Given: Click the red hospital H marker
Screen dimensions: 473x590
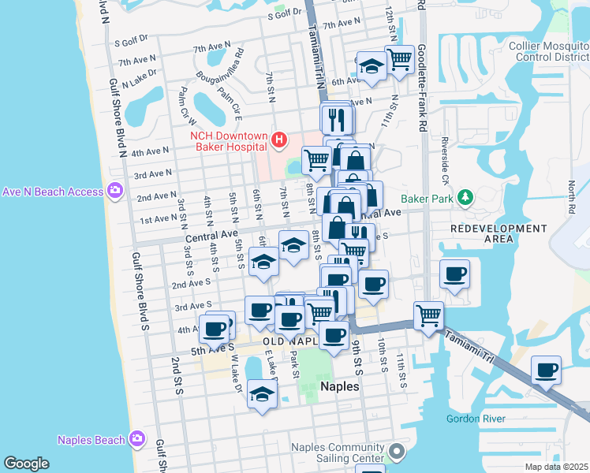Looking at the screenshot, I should coord(278,141).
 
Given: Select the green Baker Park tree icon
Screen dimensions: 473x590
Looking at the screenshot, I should coord(466,197).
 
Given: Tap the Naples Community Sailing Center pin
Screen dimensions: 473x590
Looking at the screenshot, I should coord(396,453).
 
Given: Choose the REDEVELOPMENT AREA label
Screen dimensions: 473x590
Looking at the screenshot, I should coord(498,233).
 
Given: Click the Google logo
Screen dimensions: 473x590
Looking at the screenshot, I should coord(26,464).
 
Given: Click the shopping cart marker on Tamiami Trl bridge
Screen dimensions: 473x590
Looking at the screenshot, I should coord(428,315).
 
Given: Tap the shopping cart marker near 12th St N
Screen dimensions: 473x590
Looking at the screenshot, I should coord(399,58).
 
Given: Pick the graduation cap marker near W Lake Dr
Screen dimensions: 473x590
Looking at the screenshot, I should coord(262,395).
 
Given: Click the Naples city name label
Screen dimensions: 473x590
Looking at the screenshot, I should coord(341,387).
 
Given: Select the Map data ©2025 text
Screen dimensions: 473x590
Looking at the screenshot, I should coord(555,467).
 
